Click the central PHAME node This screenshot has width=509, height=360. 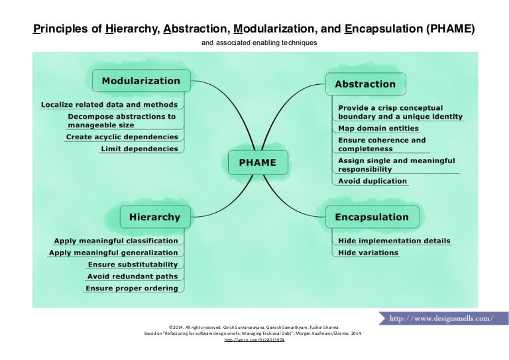pos(257,162)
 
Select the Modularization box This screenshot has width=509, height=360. pos(141,81)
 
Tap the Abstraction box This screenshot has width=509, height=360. pos(365,84)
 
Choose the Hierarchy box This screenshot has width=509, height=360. pos(154,217)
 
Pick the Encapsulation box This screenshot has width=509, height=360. pos(371,217)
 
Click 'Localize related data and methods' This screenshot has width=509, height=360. pos(109,104)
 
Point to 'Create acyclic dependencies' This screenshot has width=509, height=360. pos(122,137)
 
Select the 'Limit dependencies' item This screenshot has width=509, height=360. pos(139,149)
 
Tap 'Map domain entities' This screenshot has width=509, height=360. pos(378,128)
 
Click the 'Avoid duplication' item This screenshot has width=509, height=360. pos(372,180)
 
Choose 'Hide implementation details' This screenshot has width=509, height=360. pos(394,241)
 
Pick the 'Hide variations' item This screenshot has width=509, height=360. pos(368,253)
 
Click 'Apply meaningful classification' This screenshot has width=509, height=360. pos(116,241)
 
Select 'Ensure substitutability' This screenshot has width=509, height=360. pos(133,265)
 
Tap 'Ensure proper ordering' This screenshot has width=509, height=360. pos(132,288)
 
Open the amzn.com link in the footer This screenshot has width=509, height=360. pos(254,339)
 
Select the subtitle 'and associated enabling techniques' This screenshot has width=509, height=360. pos(254,43)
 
